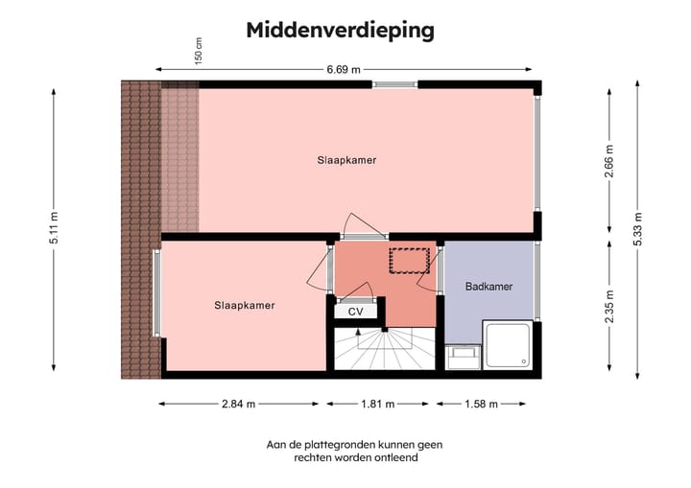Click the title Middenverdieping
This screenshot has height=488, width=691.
[x=340, y=31]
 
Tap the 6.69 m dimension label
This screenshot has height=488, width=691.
[x=343, y=69]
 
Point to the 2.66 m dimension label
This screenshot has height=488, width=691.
[x=608, y=159]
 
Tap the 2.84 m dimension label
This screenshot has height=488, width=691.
[x=238, y=404]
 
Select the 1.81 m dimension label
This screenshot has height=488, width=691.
[x=376, y=404]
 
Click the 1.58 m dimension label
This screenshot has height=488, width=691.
[x=480, y=404]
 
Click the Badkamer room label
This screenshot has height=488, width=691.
[x=488, y=287]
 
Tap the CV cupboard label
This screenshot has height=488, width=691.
[x=356, y=312]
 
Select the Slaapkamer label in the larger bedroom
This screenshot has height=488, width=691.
[x=346, y=160]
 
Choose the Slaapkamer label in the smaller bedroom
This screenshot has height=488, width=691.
[x=245, y=306]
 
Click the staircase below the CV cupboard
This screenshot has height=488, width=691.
[x=384, y=350]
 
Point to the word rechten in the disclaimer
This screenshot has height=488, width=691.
[x=313, y=458]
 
